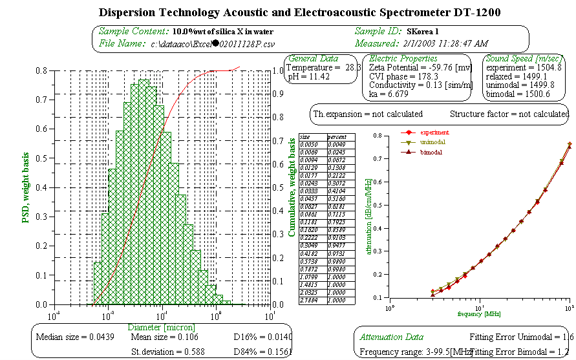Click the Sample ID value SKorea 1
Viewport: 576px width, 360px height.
tap(423, 31)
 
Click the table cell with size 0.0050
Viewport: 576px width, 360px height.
tap(310, 144)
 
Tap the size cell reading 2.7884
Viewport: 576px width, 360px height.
tap(310, 300)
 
